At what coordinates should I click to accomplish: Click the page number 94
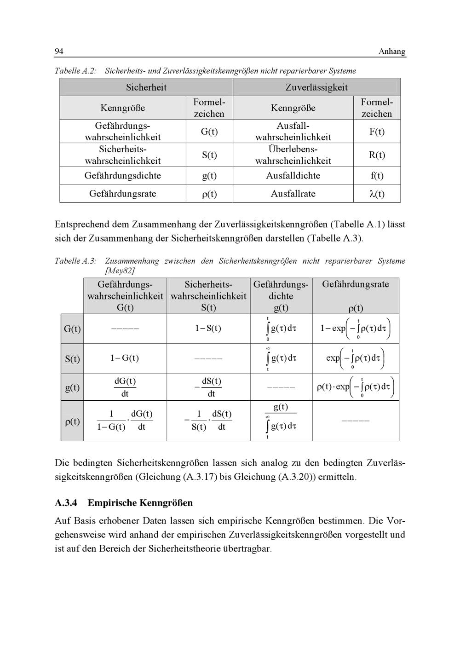[x=59, y=51]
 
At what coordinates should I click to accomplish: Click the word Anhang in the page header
[x=392, y=52]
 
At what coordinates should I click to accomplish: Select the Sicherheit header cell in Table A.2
[x=146, y=87]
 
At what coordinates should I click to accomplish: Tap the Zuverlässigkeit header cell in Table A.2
[x=316, y=87]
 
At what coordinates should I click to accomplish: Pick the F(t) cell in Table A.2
[x=377, y=132]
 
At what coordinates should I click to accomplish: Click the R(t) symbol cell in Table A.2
[x=377, y=155]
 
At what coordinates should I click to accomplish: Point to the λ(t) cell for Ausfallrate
[x=377, y=194]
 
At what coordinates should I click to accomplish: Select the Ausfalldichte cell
[x=293, y=176]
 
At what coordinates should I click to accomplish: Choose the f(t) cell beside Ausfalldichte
[x=377, y=176]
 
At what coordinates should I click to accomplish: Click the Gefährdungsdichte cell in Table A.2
[x=123, y=176]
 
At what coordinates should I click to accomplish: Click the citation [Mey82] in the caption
[x=120, y=271]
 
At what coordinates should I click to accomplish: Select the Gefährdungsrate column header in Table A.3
[x=356, y=284]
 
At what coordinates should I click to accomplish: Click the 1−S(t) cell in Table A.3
[x=208, y=328]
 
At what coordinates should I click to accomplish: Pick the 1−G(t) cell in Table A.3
[x=125, y=358]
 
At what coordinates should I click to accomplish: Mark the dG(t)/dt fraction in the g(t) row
[x=125, y=387]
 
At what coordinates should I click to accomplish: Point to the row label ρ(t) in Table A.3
[x=72, y=421]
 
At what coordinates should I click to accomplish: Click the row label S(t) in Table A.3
[x=72, y=359]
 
